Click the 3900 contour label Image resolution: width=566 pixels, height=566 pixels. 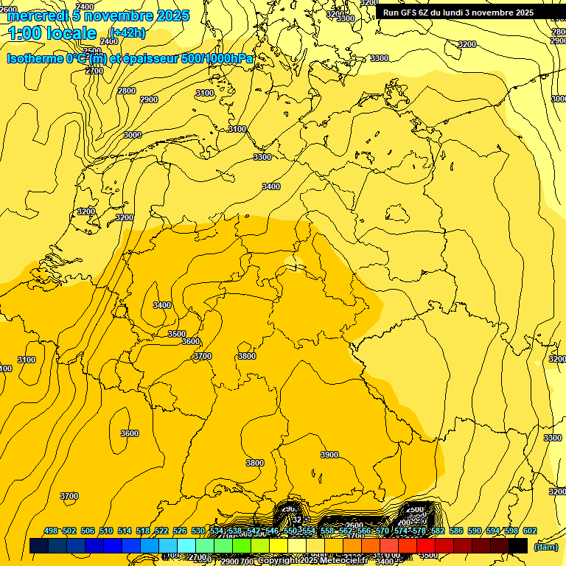pyautogui.click(x=329, y=455)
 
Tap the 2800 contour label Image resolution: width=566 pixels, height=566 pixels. pyautogui.click(x=127, y=91)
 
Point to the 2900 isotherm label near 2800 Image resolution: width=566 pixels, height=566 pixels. pyautogui.click(x=149, y=99)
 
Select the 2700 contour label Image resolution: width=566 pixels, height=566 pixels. pyautogui.click(x=94, y=71)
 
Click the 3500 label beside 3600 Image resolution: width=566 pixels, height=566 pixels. pyautogui.click(x=177, y=334)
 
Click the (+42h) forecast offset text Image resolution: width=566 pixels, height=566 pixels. pyautogui.click(x=127, y=32)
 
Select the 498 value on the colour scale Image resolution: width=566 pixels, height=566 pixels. pyautogui.click(x=51, y=531)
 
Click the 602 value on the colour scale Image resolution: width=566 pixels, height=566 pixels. pyautogui.click(x=530, y=531)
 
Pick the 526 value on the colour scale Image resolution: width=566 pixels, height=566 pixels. pyautogui.click(x=180, y=531)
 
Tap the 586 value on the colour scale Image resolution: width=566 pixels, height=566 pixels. pyautogui.click(x=456, y=531)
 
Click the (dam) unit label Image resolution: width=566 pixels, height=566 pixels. pyautogui.click(x=546, y=547)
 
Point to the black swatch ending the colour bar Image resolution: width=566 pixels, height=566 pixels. pyautogui.click(x=518, y=545)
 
